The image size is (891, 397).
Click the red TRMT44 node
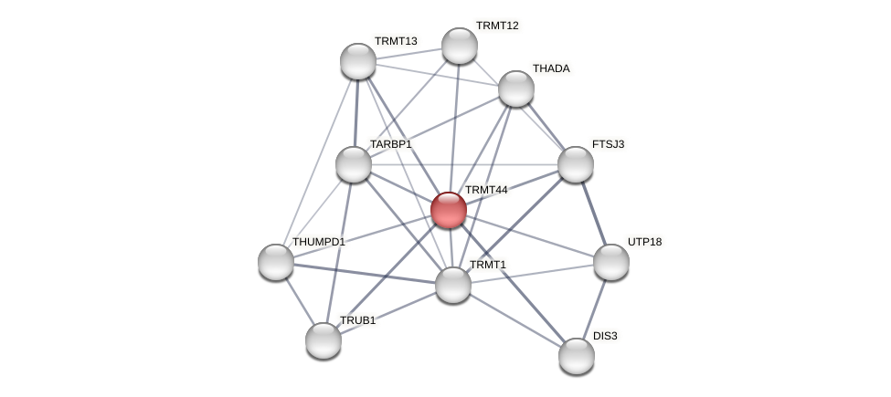click(x=449, y=210)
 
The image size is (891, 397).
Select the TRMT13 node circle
click(x=358, y=61)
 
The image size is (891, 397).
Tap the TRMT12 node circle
click(x=460, y=46)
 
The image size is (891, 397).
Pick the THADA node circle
click(x=516, y=89)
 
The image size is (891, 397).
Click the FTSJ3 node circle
click(x=576, y=164)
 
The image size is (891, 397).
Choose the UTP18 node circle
click(x=611, y=262)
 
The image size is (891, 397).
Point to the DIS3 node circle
click(x=577, y=356)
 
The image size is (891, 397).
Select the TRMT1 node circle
click(x=453, y=285)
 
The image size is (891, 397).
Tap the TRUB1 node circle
click(x=324, y=340)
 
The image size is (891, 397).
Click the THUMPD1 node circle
click(x=276, y=262)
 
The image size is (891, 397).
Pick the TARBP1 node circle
click(x=354, y=164)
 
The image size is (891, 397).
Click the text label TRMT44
click(x=486, y=190)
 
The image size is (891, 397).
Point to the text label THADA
click(x=551, y=68)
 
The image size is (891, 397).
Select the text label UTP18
click(x=644, y=242)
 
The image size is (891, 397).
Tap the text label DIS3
click(x=605, y=336)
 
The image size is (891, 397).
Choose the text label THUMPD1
click(x=318, y=242)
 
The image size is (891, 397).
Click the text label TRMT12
click(x=497, y=26)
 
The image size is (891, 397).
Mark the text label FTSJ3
click(x=608, y=144)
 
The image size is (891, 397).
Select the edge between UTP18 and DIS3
click(x=594, y=308)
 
